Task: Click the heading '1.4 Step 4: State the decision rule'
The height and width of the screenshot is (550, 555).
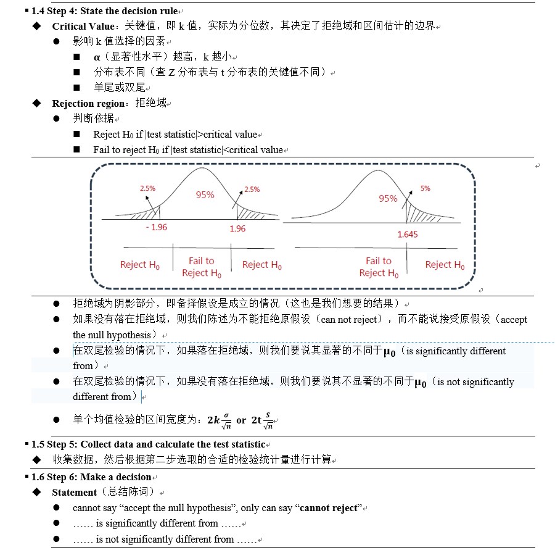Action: click(104, 11)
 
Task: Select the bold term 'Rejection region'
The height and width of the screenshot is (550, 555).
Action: click(89, 103)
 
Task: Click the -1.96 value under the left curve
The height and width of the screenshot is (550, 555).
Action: click(157, 227)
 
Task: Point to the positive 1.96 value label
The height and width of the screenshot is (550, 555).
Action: click(237, 228)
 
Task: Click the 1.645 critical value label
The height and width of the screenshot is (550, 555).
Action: click(407, 235)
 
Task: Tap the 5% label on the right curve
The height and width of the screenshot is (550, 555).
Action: click(425, 188)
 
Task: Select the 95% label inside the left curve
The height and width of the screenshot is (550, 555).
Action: click(205, 195)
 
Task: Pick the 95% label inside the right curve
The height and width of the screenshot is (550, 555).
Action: click(388, 198)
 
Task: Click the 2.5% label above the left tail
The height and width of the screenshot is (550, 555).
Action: click(147, 188)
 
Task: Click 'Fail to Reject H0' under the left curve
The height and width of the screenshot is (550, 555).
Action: click(202, 267)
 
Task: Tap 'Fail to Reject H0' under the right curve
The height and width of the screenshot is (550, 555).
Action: click(378, 267)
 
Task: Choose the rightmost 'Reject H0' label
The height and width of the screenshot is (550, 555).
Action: click(445, 265)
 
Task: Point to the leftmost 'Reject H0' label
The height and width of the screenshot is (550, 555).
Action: click(139, 265)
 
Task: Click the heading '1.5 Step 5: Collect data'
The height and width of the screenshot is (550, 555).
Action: click(148, 444)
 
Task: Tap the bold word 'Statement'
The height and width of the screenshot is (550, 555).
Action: click(75, 493)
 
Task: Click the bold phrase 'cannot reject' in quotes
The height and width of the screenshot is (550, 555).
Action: click(328, 508)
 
